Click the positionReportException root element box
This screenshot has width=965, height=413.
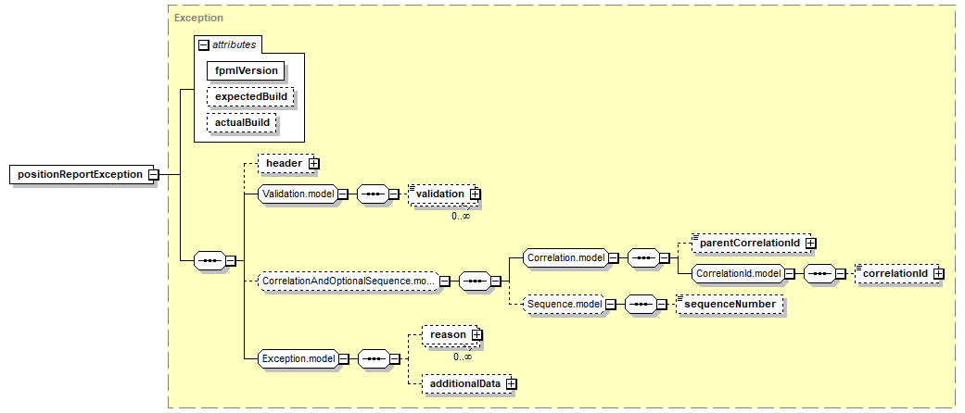(80, 174)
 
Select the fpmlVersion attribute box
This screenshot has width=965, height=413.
(247, 70)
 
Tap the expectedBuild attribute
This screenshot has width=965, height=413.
(251, 97)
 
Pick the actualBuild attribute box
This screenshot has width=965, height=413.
(243, 123)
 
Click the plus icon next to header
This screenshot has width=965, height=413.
(314, 164)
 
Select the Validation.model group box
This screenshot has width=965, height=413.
(298, 194)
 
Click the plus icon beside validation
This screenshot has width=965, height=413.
(475, 194)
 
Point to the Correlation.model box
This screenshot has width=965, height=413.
(565, 257)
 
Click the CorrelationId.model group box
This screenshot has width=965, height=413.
(738, 273)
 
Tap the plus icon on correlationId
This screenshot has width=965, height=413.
(938, 273)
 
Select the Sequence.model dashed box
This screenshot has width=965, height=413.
(563, 305)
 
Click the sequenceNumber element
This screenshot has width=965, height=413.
(730, 305)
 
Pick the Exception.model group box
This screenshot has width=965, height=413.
(298, 358)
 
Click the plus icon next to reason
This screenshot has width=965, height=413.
(476, 333)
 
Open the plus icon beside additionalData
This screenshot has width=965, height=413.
(511, 382)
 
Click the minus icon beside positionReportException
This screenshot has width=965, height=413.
(153, 174)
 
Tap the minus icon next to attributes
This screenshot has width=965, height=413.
(203, 44)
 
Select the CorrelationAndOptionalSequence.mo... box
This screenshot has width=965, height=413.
(347, 281)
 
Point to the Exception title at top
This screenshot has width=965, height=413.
(198, 18)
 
